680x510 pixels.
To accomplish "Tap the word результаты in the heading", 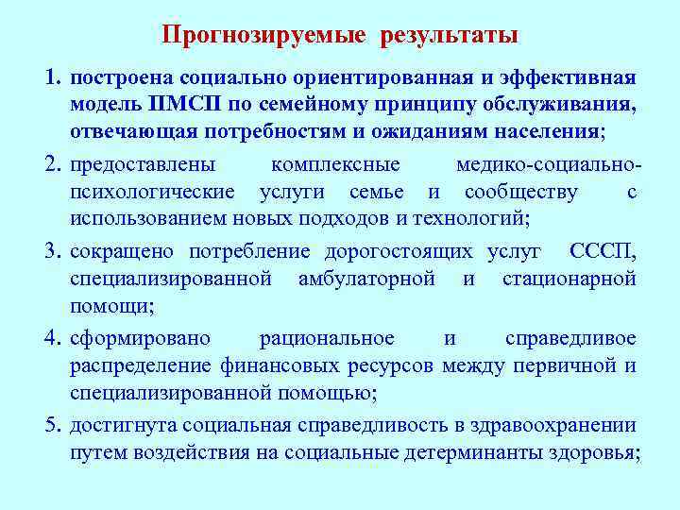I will (450, 36).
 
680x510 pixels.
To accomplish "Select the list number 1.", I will (53, 76).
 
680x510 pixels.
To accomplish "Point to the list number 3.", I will (53, 251).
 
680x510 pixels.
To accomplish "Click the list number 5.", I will (53, 425).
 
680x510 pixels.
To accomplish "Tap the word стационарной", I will (569, 279).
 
